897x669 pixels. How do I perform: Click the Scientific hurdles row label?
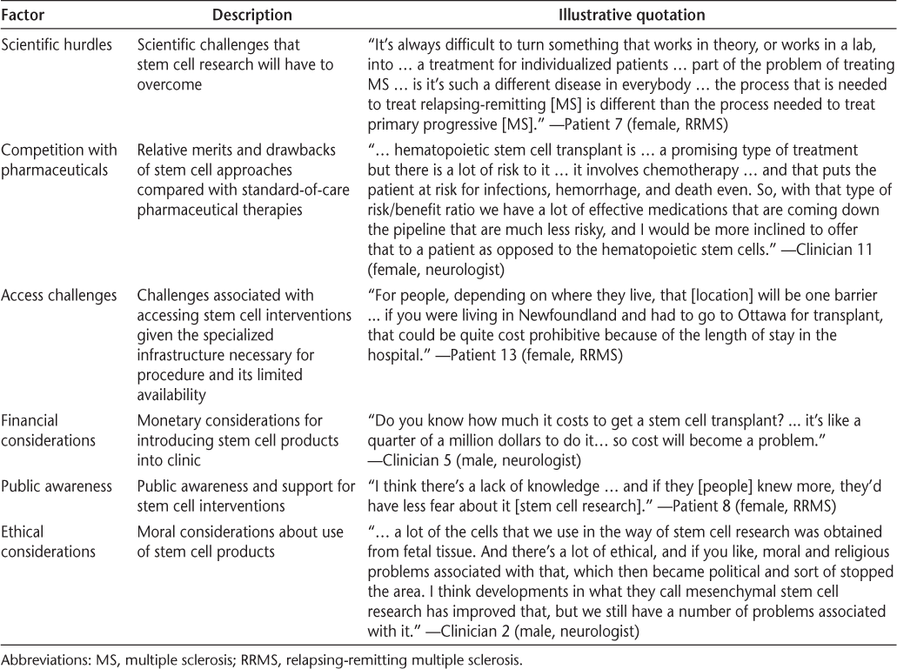point(57,44)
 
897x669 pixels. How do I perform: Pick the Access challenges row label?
point(58,295)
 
